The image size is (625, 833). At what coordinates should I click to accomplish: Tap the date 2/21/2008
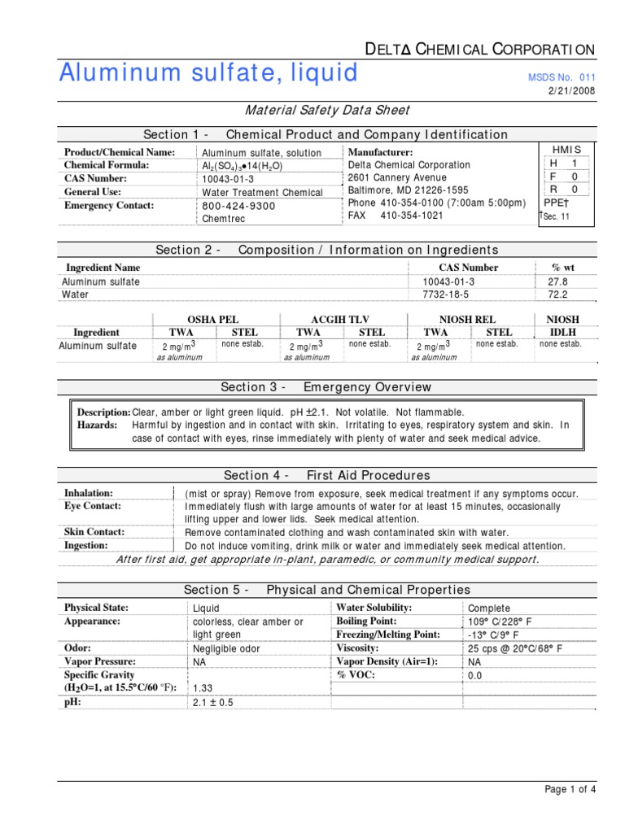574,90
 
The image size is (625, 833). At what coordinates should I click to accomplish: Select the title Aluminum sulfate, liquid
208,72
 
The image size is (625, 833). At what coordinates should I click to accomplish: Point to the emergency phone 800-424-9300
238,206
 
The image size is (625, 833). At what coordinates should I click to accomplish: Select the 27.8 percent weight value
557,281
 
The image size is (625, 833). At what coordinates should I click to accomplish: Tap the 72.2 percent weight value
557,294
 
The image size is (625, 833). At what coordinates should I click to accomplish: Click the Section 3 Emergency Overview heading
326,387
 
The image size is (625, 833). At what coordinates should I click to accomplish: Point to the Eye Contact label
93,506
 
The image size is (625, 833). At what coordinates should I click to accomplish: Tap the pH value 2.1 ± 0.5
213,702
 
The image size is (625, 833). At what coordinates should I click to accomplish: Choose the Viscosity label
358,648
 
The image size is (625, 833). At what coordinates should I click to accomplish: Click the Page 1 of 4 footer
570,788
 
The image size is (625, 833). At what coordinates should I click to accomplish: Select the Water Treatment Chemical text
262,193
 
